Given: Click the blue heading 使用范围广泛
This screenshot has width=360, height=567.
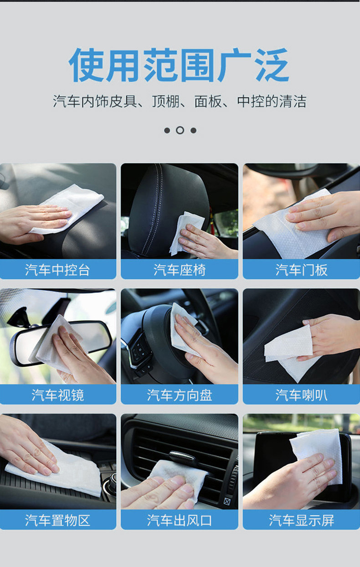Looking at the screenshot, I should pos(179,65).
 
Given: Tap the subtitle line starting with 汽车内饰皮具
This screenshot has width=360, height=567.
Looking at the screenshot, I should pos(179,101).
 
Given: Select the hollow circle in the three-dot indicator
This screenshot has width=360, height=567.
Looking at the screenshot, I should pos(180,130).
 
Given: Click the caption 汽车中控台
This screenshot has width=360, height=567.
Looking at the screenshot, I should pos(57,270).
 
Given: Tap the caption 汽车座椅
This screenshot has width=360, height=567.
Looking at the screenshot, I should pos(179,270).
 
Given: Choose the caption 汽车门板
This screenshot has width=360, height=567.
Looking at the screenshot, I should pos(301,270).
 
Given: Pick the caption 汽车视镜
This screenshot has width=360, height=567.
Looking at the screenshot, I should pos(57,395).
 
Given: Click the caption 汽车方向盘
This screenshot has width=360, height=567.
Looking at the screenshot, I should pos(179,395).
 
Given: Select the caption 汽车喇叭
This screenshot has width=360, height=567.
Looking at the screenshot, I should pos(301,395).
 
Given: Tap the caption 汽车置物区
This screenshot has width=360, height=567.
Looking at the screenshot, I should pos(57,520).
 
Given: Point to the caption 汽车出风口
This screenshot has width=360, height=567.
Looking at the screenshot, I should pos(179,520).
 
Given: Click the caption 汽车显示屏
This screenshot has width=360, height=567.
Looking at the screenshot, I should pos(301,520).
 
